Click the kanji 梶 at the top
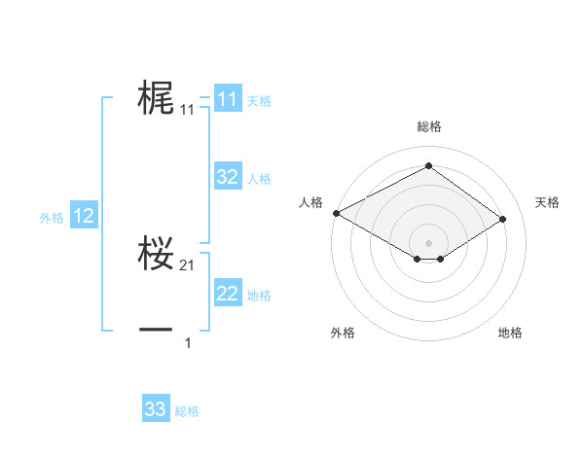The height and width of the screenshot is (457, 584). click(x=156, y=98)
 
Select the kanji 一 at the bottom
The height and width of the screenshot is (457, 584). click(x=156, y=331)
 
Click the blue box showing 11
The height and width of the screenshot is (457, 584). click(x=228, y=99)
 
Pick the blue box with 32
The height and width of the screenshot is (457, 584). click(x=228, y=177)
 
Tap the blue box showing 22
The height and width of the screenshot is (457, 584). click(x=228, y=294)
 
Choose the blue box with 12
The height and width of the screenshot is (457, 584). click(x=84, y=216)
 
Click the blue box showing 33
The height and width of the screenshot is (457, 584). click(x=156, y=409)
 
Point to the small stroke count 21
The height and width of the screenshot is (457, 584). click(x=188, y=265)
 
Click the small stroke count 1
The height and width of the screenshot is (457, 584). click(x=188, y=343)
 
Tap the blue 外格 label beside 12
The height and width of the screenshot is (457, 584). click(x=52, y=218)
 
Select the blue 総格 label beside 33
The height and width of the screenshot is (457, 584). click(x=187, y=411)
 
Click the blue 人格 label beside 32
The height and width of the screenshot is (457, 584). click(x=259, y=179)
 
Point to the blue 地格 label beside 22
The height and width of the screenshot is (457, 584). click(x=259, y=296)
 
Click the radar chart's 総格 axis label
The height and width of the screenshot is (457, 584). click(x=428, y=126)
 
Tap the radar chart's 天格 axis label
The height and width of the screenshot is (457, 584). click(x=547, y=202)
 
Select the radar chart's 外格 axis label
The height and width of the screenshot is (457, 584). click(x=342, y=333)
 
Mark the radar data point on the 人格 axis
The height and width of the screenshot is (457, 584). click(x=336, y=213)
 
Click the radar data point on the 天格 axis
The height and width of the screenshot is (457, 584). click(x=502, y=219)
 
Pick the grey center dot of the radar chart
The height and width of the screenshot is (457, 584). click(x=428, y=241)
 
